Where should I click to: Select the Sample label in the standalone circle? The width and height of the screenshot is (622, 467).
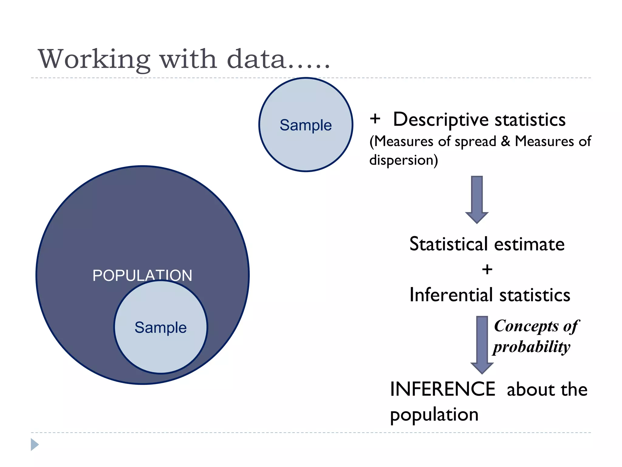pyautogui.click(x=306, y=125)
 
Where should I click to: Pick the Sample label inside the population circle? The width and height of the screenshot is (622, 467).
pyautogui.click(x=160, y=327)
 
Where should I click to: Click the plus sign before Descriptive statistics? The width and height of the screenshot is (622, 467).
pyautogui.click(x=375, y=119)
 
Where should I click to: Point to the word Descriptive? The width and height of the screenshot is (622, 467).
pyautogui.click(x=442, y=120)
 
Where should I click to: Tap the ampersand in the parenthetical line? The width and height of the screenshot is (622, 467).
pyautogui.click(x=505, y=141)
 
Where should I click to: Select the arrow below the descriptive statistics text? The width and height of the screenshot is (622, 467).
pyautogui.click(x=477, y=199)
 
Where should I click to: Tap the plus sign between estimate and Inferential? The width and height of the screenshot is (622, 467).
pyautogui.click(x=487, y=269)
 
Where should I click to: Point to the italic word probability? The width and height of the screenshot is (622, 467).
pyautogui.click(x=531, y=347)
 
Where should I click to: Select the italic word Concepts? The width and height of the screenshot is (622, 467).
pyautogui.click(x=526, y=326)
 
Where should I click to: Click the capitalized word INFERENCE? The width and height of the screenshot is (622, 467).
pyautogui.click(x=443, y=389)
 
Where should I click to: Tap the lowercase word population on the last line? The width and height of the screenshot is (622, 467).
pyautogui.click(x=434, y=415)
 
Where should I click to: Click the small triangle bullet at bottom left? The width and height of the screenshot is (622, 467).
pyautogui.click(x=35, y=445)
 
